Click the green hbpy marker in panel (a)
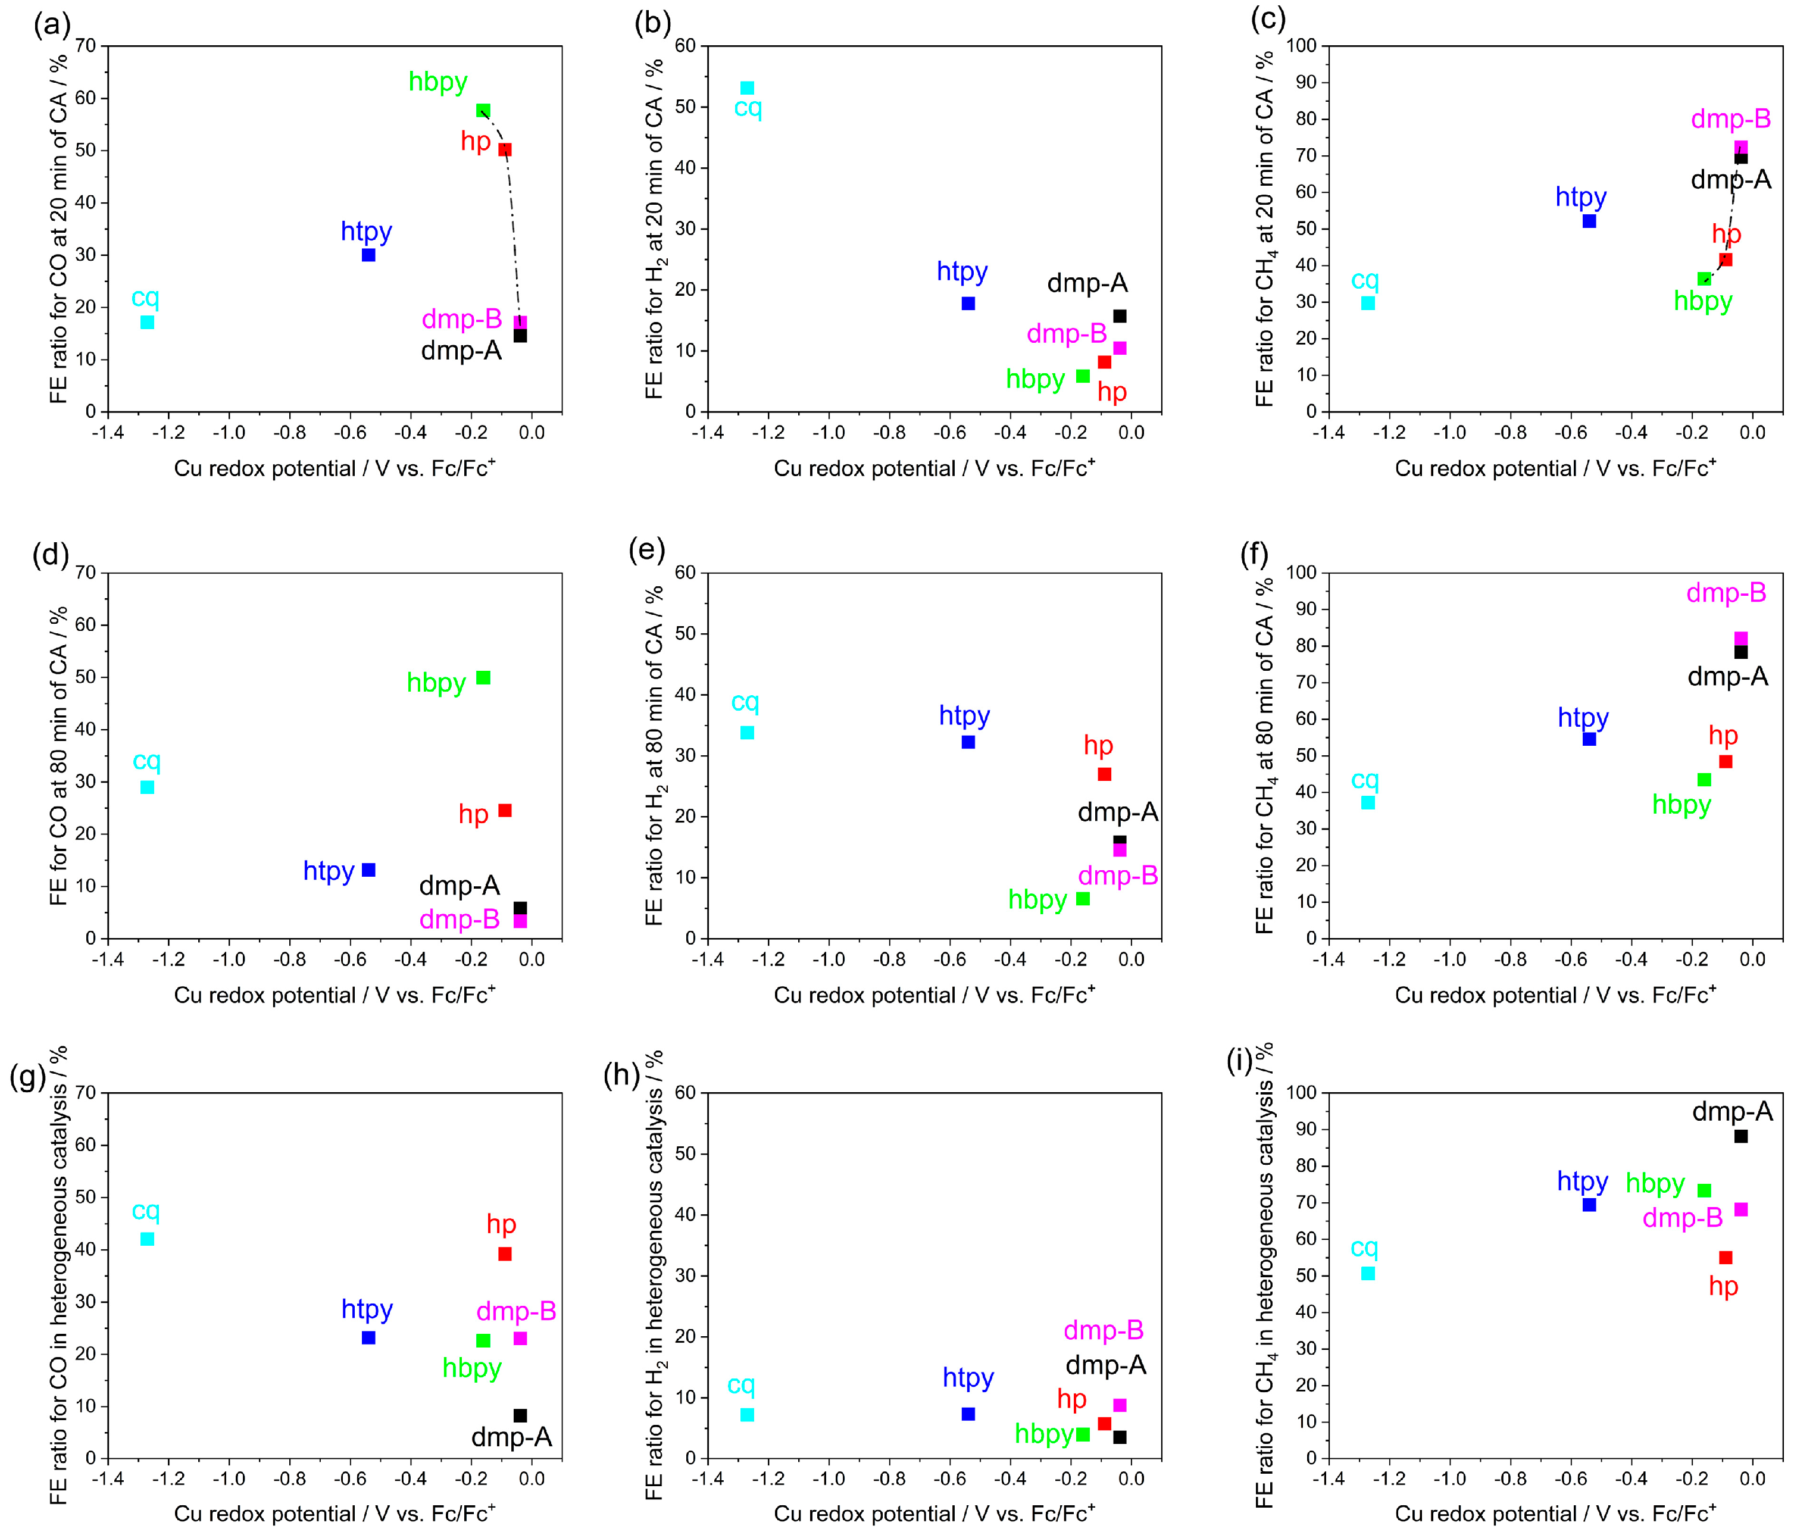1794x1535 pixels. [483, 111]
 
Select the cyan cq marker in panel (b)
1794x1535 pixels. [747, 88]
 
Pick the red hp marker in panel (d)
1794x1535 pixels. [505, 811]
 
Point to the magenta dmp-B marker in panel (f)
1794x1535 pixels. [1740, 638]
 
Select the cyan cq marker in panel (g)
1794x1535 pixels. [147, 1239]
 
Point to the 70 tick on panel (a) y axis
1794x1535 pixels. [85, 46]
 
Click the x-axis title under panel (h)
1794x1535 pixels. [934, 1514]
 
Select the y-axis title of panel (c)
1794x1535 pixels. [1265, 229]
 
